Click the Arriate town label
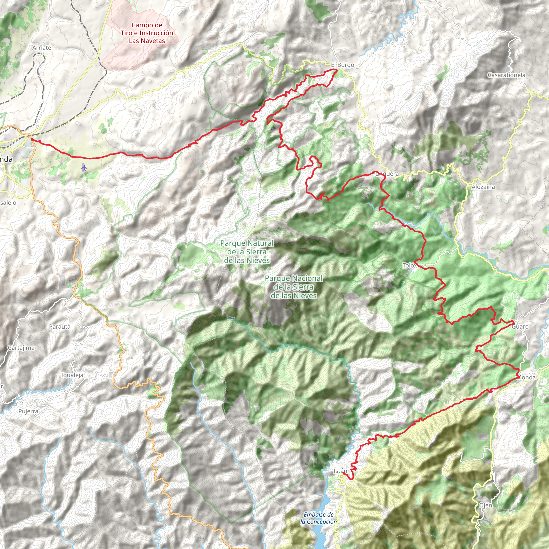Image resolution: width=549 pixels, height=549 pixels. [x=42, y=48]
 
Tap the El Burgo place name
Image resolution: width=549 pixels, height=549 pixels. [x=342, y=65]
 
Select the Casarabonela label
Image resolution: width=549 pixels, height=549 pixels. [x=506, y=75]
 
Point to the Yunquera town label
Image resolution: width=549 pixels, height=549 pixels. [x=385, y=174]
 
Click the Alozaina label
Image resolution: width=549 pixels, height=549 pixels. [x=483, y=187]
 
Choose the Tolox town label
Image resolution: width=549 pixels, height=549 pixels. [x=410, y=265]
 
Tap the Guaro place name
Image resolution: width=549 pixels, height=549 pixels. [x=520, y=327]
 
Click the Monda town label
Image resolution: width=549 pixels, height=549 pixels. [x=526, y=377]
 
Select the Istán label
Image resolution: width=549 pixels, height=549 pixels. [x=340, y=471]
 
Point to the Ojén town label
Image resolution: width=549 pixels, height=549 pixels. [x=485, y=506]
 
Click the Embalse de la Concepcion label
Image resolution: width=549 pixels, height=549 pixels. [x=318, y=518]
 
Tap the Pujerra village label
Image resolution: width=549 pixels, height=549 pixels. [x=28, y=411]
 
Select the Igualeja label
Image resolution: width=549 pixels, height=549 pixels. [x=72, y=375]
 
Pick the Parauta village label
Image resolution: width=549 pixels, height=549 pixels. [x=60, y=327]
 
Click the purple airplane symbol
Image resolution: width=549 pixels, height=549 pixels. [x=84, y=167]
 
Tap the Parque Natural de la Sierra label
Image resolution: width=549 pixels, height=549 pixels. [x=247, y=252]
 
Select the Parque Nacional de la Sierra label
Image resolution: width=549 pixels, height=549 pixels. [x=294, y=287]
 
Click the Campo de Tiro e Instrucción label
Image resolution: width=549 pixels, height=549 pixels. [x=147, y=33]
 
